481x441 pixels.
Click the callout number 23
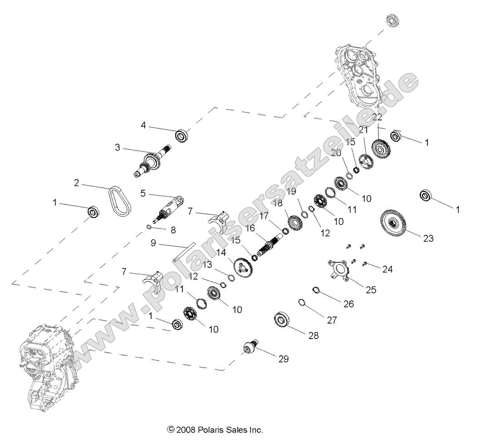point(428,237)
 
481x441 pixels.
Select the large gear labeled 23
point(393,222)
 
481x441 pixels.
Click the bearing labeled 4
point(182,135)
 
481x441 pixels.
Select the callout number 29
point(283,359)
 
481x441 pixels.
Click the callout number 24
point(387,269)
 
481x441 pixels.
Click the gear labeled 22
point(380,148)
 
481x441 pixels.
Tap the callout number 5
point(143,193)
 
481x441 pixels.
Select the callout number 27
point(332,320)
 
